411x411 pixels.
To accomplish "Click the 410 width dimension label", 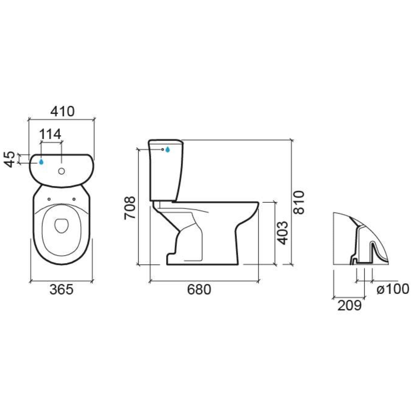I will coord(62,112).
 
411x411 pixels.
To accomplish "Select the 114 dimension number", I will coord(50,134).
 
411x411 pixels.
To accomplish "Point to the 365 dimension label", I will coord(61,290).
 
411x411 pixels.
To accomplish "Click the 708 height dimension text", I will coord(130,207).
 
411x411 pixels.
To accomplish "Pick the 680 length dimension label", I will coord(199,290).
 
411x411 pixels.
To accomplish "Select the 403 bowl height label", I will coord(282,233).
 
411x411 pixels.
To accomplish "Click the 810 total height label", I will coord(299,202).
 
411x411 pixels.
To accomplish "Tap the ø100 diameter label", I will coord(393,289).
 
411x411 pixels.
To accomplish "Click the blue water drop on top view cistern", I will coord(41,162).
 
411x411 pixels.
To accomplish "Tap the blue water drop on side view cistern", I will coord(167,150).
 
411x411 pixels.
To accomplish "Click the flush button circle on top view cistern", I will coord(61,171).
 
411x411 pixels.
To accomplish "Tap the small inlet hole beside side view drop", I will coord(162,150).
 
